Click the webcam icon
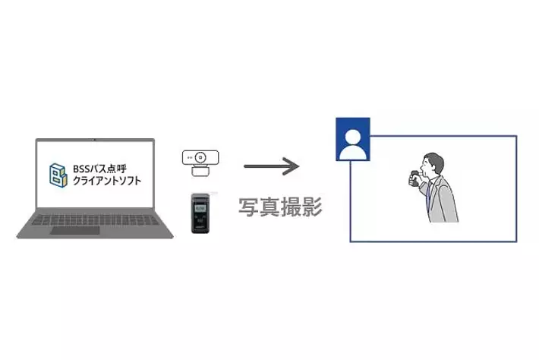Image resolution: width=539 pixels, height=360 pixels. tap(201, 163)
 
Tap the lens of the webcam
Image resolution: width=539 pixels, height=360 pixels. tap(201, 158)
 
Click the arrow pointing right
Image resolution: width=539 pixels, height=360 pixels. tap(270, 165)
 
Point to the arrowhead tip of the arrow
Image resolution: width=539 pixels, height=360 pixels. tap(297, 165)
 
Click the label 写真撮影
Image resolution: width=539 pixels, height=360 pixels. tap(281, 207)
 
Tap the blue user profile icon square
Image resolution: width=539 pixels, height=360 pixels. tap(352, 139)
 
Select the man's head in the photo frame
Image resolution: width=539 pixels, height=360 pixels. tap(432, 163)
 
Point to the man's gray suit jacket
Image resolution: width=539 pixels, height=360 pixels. tap(444, 201)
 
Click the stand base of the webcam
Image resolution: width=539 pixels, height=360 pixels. tap(201, 172)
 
